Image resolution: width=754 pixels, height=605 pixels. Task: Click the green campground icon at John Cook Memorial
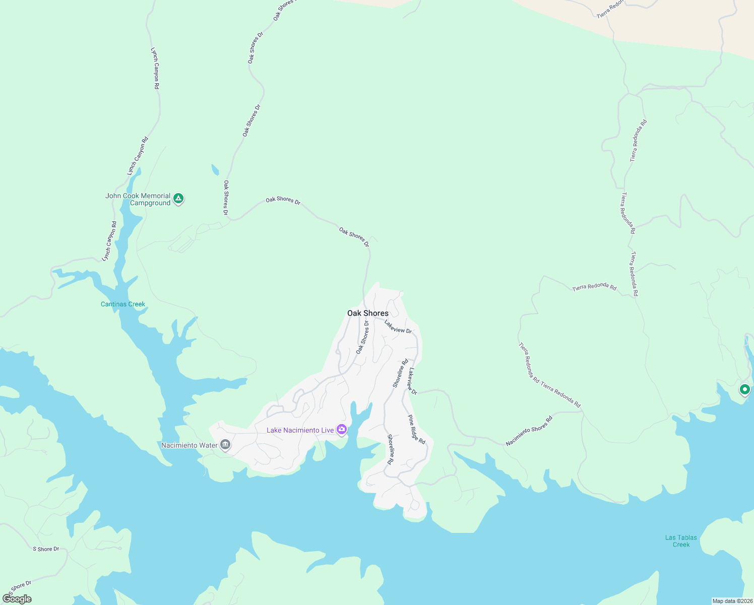click(178, 199)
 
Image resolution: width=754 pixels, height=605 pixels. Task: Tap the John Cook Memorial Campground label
click(138, 199)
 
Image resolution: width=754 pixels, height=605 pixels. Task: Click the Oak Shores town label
click(368, 313)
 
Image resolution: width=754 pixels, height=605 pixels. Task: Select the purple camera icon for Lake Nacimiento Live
click(342, 430)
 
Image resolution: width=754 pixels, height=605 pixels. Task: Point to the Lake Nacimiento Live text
click(300, 430)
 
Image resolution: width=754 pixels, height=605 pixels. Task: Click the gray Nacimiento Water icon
click(225, 445)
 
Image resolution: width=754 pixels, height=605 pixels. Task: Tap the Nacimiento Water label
click(190, 445)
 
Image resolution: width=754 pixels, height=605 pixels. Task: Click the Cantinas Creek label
click(123, 304)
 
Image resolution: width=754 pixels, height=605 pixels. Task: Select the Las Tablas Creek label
click(681, 541)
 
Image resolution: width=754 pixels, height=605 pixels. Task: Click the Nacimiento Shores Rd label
click(529, 431)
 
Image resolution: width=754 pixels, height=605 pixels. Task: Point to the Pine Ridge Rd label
click(417, 430)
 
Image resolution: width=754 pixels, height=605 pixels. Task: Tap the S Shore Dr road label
click(46, 549)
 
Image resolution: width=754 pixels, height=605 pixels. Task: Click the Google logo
click(17, 599)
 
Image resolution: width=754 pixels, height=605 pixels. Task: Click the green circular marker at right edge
click(744, 390)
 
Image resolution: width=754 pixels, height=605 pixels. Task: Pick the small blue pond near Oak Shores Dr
click(215, 170)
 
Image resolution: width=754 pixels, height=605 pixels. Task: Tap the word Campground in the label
click(150, 203)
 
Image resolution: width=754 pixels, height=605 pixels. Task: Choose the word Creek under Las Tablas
click(681, 544)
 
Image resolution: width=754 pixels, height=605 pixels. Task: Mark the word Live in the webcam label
click(327, 430)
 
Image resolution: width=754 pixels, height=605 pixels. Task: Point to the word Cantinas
click(114, 304)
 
